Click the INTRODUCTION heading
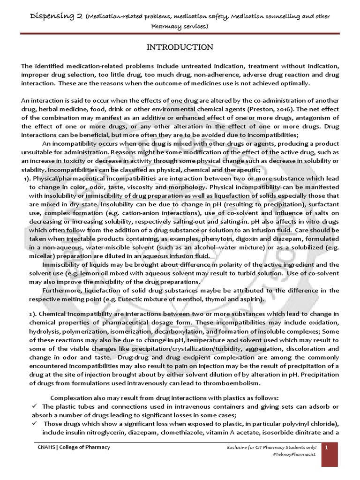180,47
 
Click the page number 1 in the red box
332,447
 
